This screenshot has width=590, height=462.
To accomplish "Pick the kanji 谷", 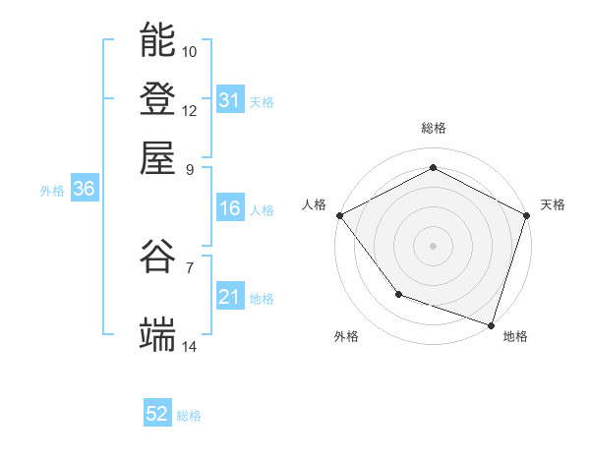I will pos(158,257).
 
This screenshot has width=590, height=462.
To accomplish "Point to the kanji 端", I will pos(158,334).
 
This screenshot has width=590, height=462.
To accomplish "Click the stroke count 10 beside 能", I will pos(190,51).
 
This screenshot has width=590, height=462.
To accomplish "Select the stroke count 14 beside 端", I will pos(190,346).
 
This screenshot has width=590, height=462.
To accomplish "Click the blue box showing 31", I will pos(229,100).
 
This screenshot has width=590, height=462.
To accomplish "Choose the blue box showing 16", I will pos(229,208).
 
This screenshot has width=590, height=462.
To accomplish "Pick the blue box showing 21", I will pos(229,297).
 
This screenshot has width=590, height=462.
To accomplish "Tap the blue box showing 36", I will pos(84,190).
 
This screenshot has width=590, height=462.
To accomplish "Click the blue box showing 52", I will pos(157,415).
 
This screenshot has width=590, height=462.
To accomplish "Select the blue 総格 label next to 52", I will pos(190,417).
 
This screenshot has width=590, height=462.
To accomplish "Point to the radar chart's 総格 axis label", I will pos(434,128).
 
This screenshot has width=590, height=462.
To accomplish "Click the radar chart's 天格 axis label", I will pos(554,204).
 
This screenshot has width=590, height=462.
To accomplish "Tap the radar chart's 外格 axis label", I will pos(346,337).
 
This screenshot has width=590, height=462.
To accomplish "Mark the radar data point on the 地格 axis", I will pos(491,323).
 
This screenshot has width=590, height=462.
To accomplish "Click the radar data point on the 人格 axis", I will pos(339,214).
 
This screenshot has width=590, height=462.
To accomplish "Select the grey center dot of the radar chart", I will pos(434,245).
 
